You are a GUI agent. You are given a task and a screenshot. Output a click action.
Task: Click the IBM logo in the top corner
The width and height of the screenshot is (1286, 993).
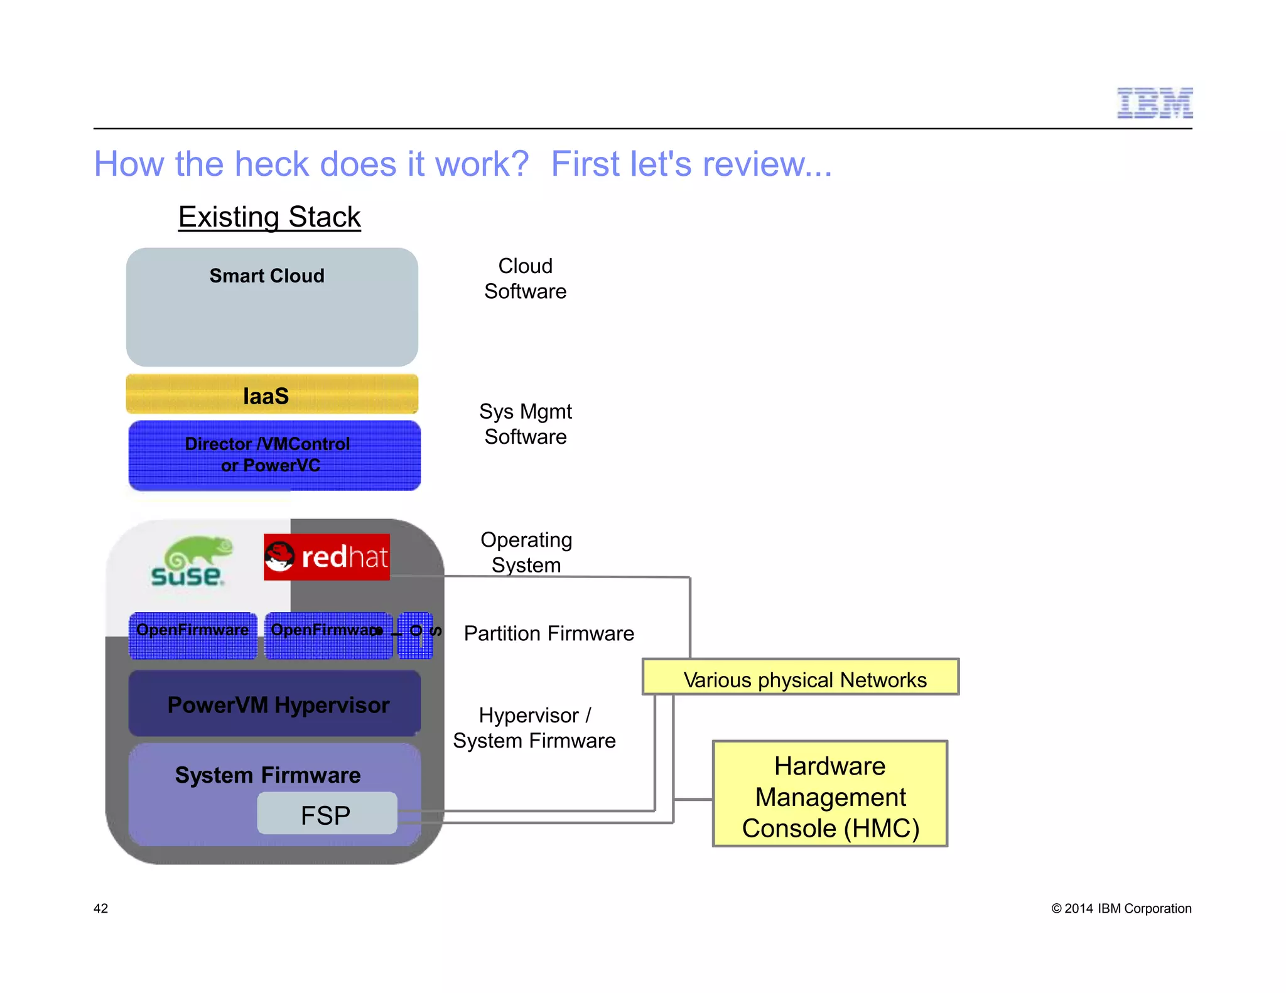1154,103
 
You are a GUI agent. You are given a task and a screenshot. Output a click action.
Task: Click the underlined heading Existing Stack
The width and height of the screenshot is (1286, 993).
269,217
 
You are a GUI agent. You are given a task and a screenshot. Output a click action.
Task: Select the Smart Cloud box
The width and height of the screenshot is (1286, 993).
272,307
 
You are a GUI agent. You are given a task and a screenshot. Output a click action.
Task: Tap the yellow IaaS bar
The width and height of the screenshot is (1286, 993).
272,395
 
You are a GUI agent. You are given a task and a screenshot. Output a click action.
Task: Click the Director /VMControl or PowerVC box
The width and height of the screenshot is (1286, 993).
274,455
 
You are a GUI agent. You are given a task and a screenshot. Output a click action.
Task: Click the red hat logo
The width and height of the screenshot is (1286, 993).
327,557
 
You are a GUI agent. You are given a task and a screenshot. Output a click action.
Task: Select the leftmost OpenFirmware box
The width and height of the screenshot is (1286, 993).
193,635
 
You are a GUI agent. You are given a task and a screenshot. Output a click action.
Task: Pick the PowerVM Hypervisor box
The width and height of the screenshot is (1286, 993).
274,704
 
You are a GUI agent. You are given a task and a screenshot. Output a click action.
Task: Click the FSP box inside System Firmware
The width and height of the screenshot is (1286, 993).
327,814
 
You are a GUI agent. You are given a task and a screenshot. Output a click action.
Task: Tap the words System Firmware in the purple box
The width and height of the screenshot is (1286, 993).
267,775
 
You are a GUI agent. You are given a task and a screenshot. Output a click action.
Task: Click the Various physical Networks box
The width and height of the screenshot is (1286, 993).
801,677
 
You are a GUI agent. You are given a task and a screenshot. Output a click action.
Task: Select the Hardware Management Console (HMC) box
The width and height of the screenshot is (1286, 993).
830,795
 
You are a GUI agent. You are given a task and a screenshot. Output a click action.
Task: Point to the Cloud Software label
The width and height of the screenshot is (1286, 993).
525,279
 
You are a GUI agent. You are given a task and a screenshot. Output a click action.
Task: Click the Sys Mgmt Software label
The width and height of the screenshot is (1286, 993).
525,424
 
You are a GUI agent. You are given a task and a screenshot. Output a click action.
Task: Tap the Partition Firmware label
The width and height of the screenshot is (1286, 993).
549,633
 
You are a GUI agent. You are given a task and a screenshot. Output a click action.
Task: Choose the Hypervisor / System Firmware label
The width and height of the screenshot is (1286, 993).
534,728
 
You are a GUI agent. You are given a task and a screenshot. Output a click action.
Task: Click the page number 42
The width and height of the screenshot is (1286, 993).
100,908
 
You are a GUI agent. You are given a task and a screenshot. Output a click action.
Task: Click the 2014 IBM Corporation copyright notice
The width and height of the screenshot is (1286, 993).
1121,908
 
